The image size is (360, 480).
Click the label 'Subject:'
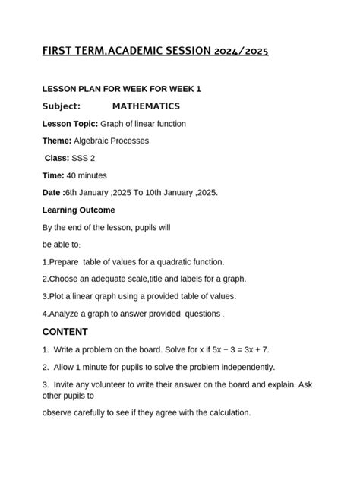click(66, 106)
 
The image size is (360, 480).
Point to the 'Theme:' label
click(57, 141)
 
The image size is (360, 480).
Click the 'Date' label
click(52, 193)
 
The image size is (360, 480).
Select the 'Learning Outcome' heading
click(79, 210)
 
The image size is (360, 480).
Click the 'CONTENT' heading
click(65, 332)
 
